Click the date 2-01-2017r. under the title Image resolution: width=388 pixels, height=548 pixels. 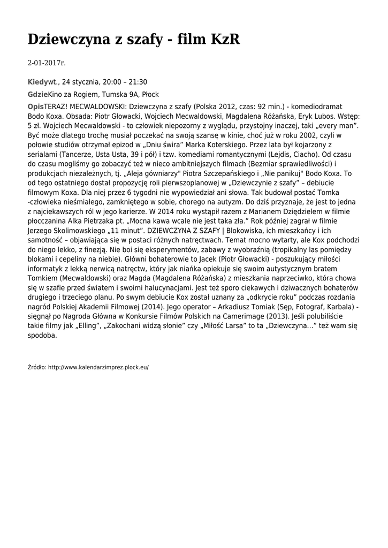[x=47, y=63]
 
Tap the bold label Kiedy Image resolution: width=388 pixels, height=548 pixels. [x=37, y=82]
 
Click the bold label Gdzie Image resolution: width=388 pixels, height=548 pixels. [x=37, y=94]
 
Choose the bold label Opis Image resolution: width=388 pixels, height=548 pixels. [x=35, y=106]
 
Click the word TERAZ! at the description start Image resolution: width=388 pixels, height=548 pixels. [x=56, y=106]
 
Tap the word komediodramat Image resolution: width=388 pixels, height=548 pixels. [x=323, y=106]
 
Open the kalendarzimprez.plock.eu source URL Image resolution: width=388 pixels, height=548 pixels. [x=98, y=368]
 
